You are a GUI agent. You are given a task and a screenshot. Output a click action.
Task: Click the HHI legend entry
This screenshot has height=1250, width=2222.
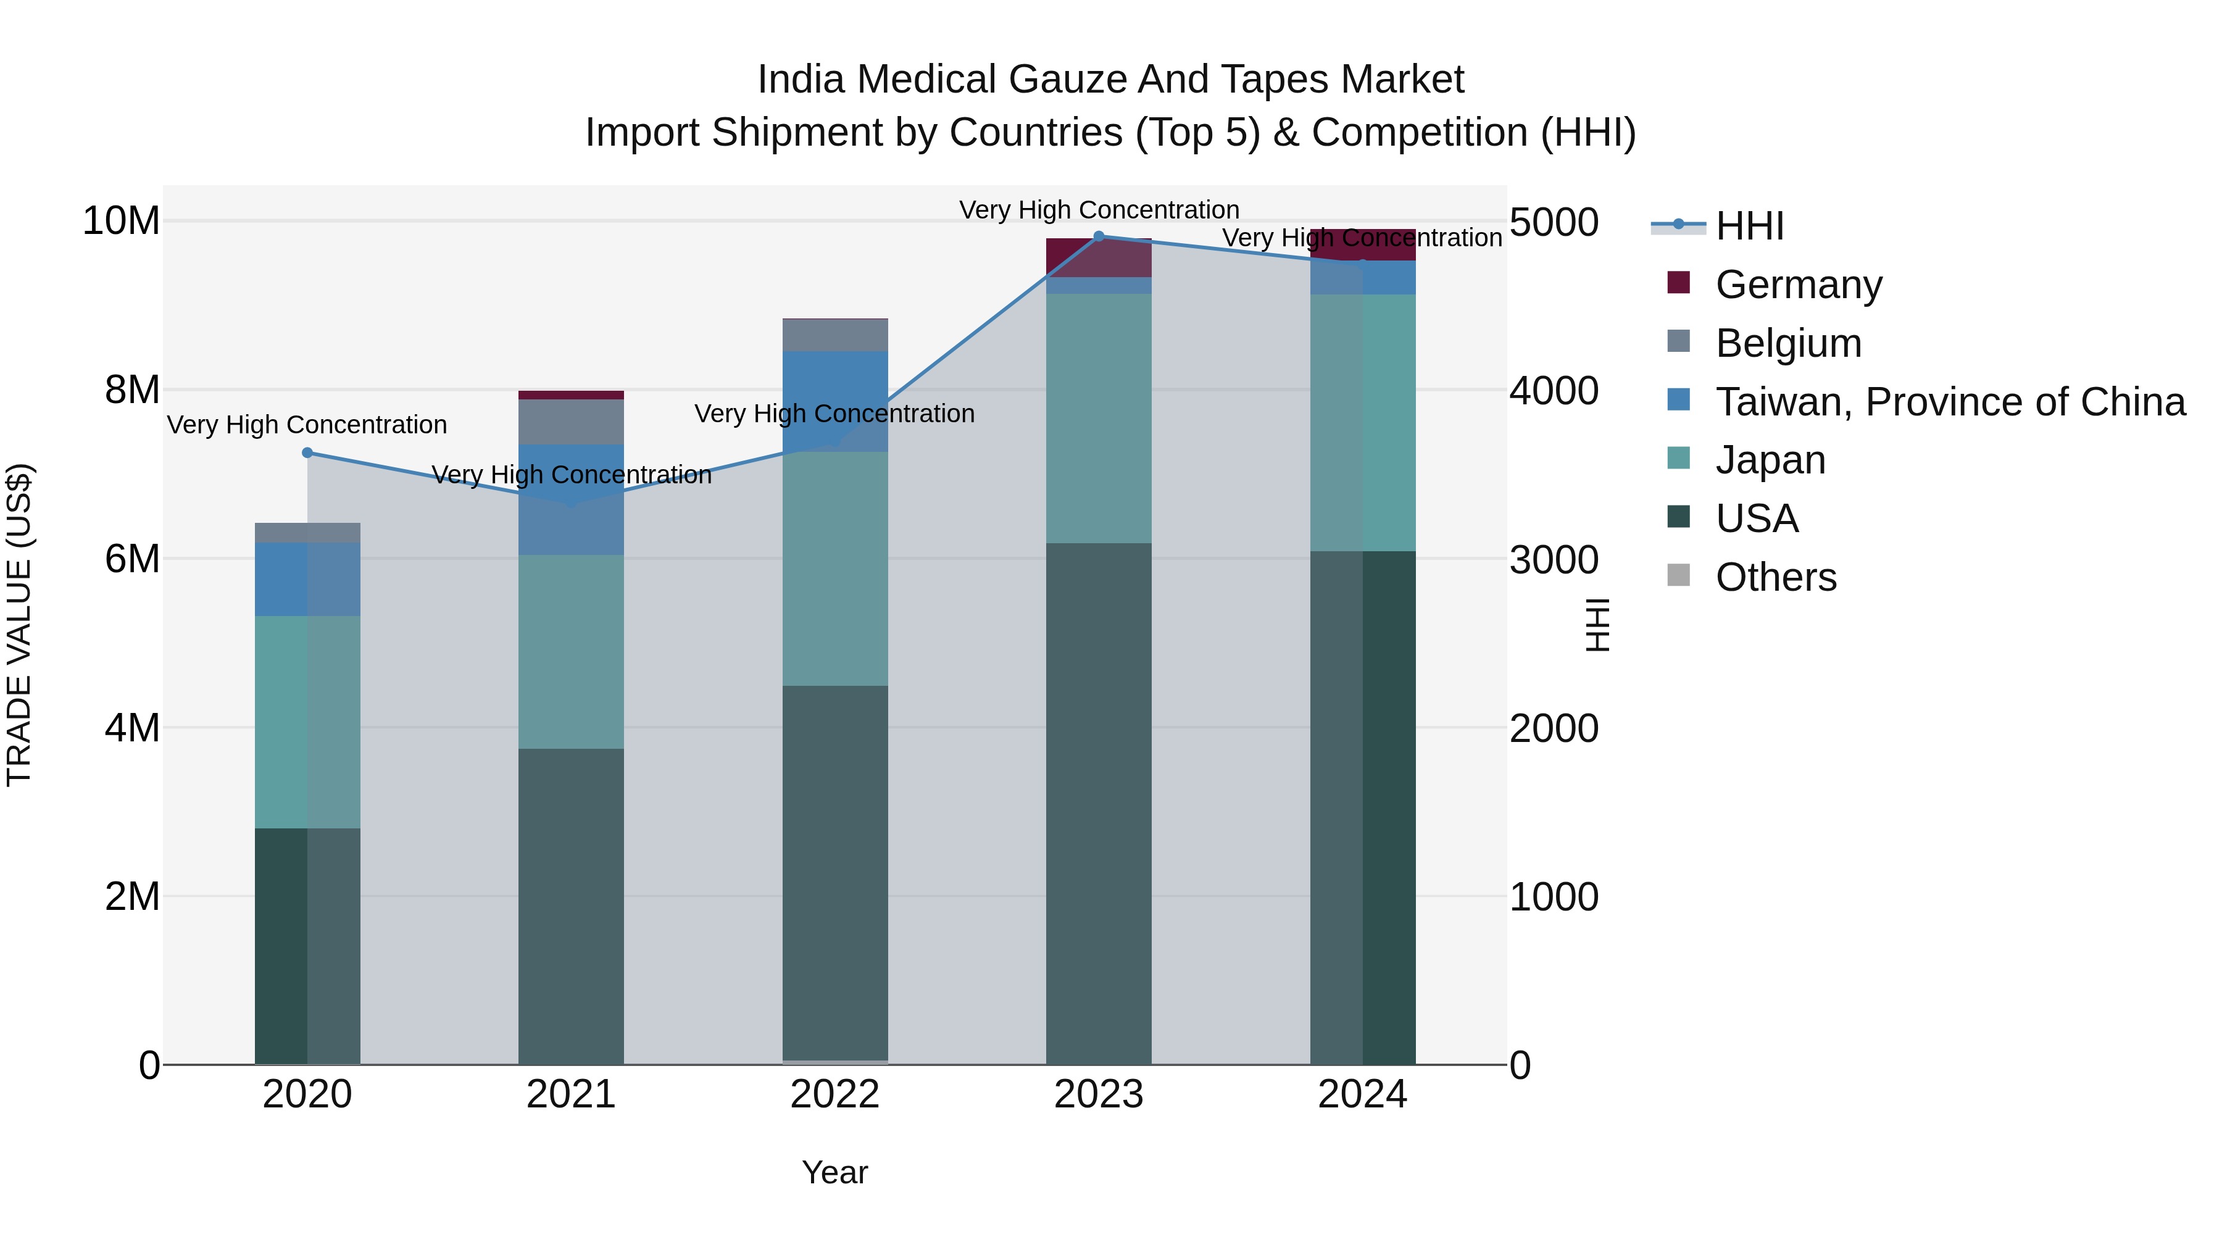click(1749, 226)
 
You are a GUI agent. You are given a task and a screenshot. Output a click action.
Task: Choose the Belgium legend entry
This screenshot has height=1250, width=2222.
click(1787, 343)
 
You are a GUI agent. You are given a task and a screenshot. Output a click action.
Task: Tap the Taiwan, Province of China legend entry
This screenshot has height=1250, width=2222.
click(1949, 402)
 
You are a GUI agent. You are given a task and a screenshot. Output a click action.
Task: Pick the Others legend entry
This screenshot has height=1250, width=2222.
click(1775, 577)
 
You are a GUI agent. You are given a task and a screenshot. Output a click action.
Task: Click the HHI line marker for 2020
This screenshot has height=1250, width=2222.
click(308, 453)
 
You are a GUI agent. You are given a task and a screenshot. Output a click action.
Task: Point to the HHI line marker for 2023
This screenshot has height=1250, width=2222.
click(1099, 236)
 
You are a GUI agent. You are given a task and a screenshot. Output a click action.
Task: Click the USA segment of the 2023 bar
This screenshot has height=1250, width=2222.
click(1099, 802)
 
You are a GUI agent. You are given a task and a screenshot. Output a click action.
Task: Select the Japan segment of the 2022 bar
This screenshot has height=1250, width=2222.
click(835, 569)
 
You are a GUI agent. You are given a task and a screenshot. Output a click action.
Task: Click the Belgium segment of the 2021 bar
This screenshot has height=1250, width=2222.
click(571, 422)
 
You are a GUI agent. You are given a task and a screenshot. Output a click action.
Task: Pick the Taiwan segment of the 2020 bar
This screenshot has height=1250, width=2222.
click(308, 579)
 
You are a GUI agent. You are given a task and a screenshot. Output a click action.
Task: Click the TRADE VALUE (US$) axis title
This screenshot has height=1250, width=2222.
click(19, 625)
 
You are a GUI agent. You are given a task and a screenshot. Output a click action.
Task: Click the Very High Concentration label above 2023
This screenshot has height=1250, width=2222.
click(1099, 210)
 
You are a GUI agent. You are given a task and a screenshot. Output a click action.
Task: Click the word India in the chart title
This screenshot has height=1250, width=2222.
click(799, 80)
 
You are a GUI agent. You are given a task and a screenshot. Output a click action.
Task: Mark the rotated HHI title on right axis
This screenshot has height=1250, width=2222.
click(1597, 625)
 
